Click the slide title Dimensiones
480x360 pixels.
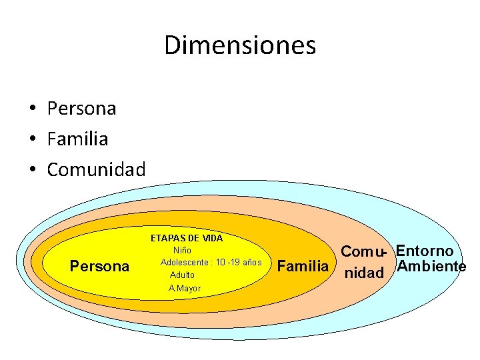click(240, 46)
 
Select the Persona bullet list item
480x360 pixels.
click(81, 109)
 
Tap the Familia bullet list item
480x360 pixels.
click(77, 139)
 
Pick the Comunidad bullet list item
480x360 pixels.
click(96, 170)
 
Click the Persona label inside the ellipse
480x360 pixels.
click(100, 267)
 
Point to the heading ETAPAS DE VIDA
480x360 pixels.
click(187, 238)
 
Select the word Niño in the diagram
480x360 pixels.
click(182, 250)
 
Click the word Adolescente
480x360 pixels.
click(183, 262)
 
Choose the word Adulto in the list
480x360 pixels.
click(183, 275)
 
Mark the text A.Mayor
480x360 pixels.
click(185, 288)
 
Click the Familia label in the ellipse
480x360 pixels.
click(303, 267)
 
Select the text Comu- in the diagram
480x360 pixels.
click(364, 253)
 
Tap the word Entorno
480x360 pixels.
click(425, 251)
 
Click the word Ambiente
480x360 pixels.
click(431, 267)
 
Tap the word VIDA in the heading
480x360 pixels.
click(213, 238)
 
